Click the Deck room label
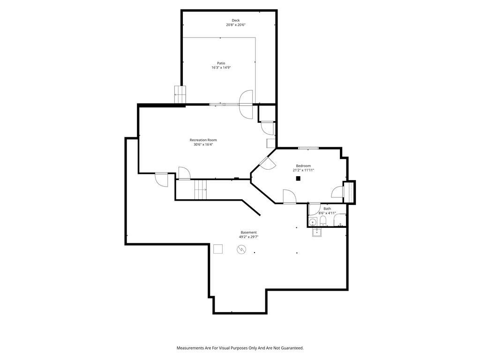tap(235, 21)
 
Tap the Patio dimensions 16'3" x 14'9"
tap(221, 67)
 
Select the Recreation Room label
tap(203, 140)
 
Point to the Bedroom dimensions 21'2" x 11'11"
tap(303, 170)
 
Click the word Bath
tap(327, 209)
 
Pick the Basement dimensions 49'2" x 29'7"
tap(248, 237)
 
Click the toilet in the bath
tap(323, 221)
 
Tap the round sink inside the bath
tap(313, 222)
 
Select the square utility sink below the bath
tap(316, 232)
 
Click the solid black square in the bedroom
tap(298, 179)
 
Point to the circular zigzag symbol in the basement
tap(241, 249)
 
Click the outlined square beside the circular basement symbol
tap(218, 249)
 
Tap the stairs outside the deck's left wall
tap(180, 95)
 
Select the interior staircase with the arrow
tap(201, 190)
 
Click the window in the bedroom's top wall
tap(308, 149)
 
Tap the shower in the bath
tap(339, 220)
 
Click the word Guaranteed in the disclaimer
tap(292, 348)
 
